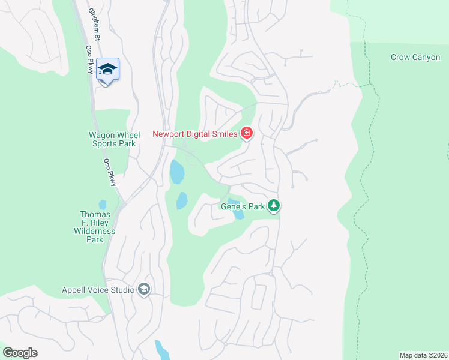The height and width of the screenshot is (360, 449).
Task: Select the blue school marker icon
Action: (x=107, y=70)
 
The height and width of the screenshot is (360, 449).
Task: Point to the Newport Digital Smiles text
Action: (x=195, y=134)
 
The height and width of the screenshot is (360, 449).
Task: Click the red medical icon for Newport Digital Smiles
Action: (x=246, y=133)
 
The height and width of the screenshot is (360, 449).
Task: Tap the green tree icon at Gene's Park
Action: (x=274, y=206)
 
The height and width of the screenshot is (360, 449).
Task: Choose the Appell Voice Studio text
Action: (x=98, y=290)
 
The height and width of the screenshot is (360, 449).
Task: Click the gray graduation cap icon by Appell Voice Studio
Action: (x=143, y=290)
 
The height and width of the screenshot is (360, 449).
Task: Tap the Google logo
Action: (x=20, y=353)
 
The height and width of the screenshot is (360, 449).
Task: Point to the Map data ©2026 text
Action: (x=423, y=355)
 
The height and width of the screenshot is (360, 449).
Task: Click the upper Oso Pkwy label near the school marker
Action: (x=90, y=67)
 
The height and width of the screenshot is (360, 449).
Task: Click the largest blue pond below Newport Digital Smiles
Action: (x=176, y=173)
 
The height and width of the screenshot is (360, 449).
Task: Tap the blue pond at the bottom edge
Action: (x=161, y=350)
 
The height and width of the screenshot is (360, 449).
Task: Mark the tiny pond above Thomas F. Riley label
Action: (x=103, y=204)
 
